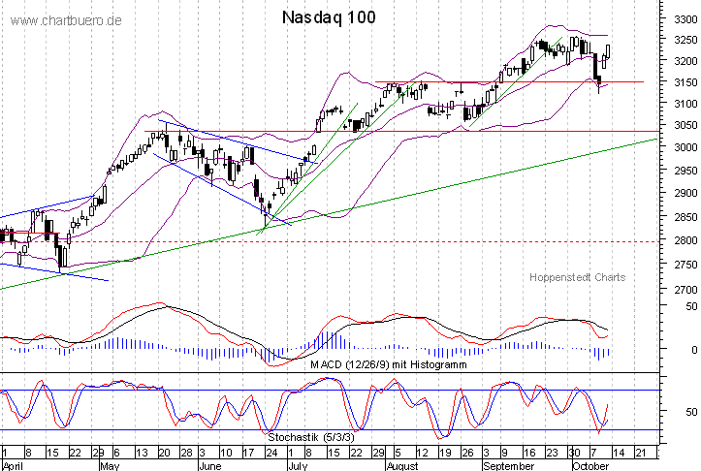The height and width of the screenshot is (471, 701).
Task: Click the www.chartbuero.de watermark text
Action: tap(67, 20)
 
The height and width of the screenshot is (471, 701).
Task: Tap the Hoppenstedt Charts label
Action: tap(577, 277)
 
